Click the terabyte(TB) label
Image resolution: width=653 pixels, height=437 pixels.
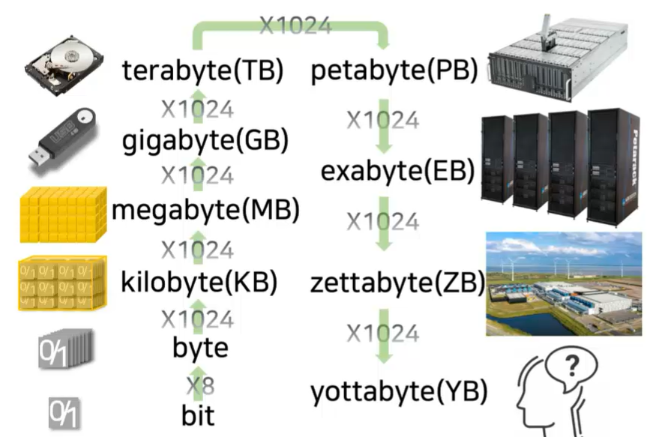pos(202,72)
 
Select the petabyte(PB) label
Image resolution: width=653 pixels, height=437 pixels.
pos(394,72)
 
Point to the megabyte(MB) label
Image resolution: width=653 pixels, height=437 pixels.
pos(205,211)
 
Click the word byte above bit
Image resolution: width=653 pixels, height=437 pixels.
pos(200,347)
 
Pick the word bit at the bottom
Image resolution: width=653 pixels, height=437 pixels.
pos(198,414)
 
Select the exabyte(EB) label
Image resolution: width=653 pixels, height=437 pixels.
pos(397,172)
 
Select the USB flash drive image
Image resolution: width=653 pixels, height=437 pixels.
pos(63,139)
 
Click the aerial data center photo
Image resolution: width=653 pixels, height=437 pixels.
pos(564,283)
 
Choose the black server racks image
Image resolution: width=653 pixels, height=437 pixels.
pos(563,162)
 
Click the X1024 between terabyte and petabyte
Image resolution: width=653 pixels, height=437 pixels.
pos(295,25)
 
